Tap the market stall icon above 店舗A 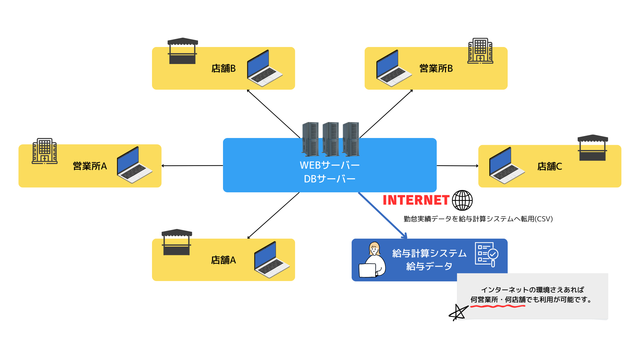(177, 242)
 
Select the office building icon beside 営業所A (45, 151)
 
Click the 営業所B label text (436, 68)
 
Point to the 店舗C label (550, 166)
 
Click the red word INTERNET (416, 200)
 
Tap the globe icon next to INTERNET (462, 200)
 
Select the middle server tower (331, 139)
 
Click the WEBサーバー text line (330, 165)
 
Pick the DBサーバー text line (330, 179)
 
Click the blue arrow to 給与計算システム (383, 215)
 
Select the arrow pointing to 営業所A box (192, 166)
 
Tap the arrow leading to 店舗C (457, 166)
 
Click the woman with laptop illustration (373, 260)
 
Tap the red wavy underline (498, 306)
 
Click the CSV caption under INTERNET (478, 219)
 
